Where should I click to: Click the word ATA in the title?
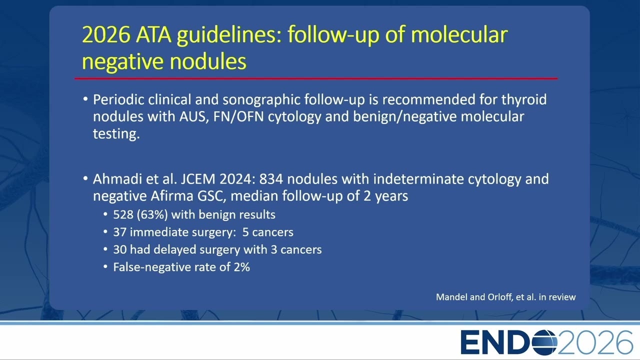point(153,35)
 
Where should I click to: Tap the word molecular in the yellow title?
point(459,35)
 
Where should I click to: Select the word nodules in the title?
point(208,61)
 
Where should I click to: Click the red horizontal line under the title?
point(316,78)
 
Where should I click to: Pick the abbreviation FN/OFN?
point(238,117)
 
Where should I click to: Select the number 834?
point(271,179)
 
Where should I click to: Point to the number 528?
point(123,214)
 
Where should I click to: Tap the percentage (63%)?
point(152,215)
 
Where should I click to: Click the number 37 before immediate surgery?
point(119,232)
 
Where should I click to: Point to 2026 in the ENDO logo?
point(595,342)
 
